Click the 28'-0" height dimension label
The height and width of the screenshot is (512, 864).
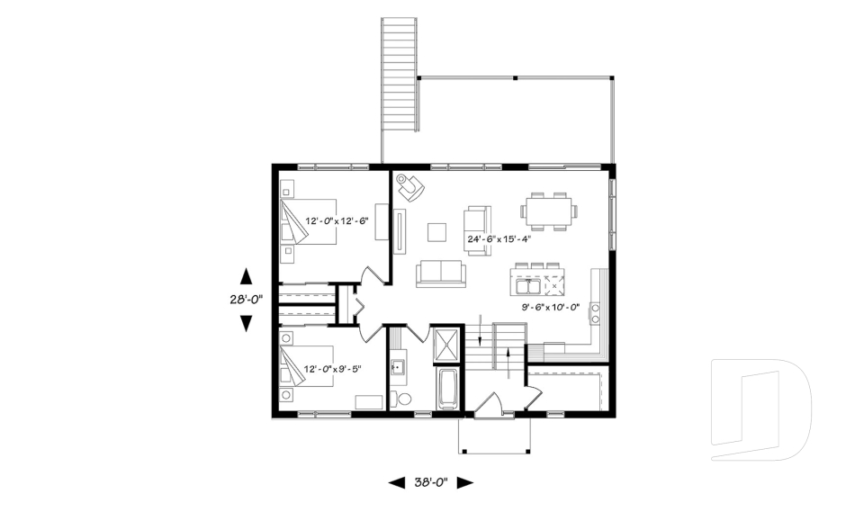click(x=246, y=302)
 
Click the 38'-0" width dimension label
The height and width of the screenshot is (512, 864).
click(x=430, y=483)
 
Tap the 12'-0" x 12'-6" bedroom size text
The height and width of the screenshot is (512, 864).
click(x=337, y=220)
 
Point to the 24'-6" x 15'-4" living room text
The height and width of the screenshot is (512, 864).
click(x=499, y=239)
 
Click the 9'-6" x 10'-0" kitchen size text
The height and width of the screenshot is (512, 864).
click(x=553, y=307)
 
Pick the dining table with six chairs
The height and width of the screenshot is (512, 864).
click(x=549, y=211)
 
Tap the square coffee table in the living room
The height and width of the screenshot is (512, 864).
click(x=436, y=232)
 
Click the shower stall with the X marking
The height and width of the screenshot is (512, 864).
click(x=447, y=346)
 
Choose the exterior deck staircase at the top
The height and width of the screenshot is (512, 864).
click(x=400, y=72)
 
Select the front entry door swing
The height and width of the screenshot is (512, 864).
click(x=494, y=404)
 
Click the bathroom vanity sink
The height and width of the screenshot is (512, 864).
click(x=398, y=367)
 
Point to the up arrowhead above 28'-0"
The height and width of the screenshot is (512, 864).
click(x=246, y=276)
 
